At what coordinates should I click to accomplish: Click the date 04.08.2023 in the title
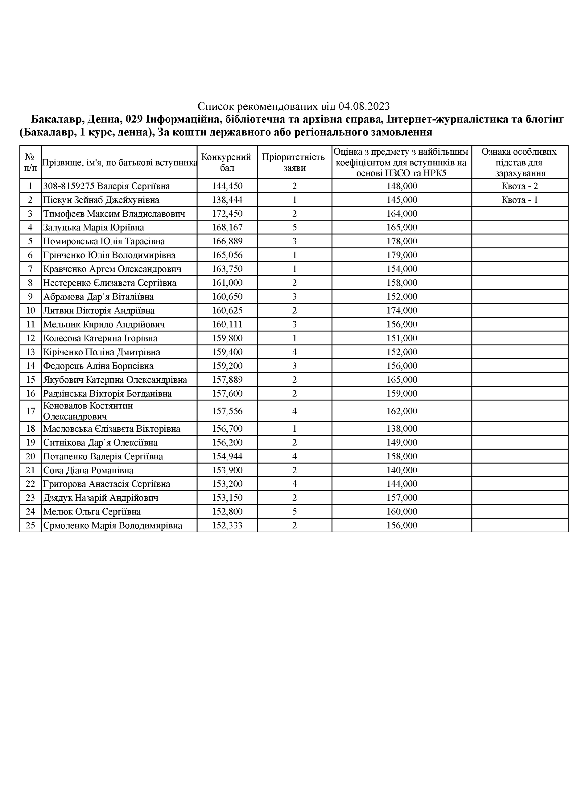click(x=364, y=106)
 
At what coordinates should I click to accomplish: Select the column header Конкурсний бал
click(x=227, y=162)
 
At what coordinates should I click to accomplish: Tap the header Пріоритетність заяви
click(x=294, y=162)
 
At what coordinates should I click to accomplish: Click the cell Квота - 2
click(x=519, y=186)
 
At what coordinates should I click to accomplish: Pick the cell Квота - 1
click(x=519, y=200)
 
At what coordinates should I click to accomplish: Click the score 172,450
click(x=227, y=214)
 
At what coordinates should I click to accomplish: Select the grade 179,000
click(x=402, y=255)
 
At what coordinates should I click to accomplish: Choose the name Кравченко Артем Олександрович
click(x=112, y=269)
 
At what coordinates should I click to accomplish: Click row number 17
click(x=30, y=411)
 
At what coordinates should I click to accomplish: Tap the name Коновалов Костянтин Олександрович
click(x=88, y=411)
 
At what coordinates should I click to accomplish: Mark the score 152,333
click(x=227, y=526)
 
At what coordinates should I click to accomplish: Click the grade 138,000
click(x=402, y=429)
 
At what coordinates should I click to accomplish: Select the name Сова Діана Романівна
click(x=88, y=470)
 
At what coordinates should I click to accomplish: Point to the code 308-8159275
click(x=68, y=186)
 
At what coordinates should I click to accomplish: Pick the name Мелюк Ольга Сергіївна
click(x=92, y=511)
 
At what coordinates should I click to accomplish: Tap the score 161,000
click(x=227, y=283)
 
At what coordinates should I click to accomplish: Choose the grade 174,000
click(x=402, y=311)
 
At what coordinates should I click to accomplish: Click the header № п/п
click(x=30, y=162)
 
